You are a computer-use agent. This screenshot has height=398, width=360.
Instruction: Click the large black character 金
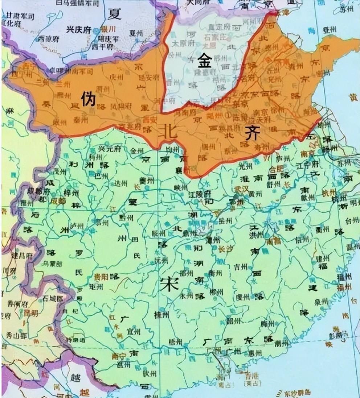point(204,62)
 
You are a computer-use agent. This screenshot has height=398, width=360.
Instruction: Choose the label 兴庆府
point(78,30)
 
